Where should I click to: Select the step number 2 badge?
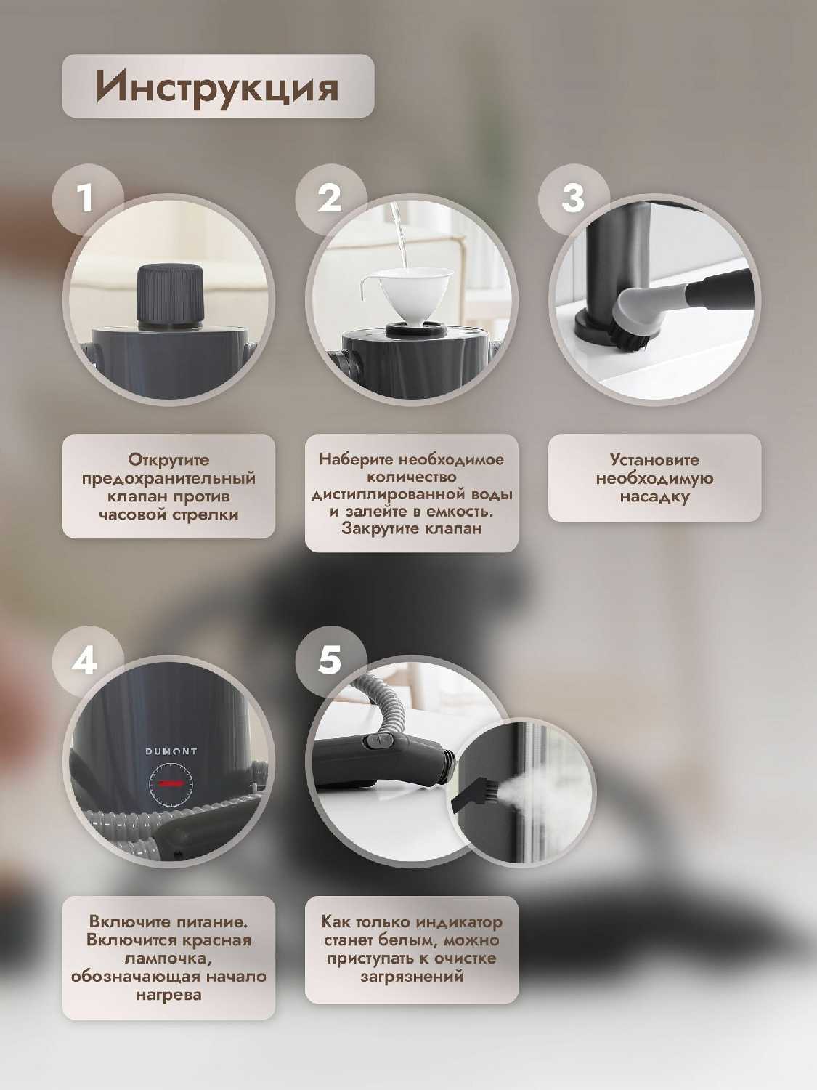[x=330, y=198]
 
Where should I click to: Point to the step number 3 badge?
[x=573, y=198]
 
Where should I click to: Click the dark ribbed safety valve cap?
[x=170, y=296]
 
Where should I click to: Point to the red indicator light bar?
[x=171, y=783]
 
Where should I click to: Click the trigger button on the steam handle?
[x=380, y=742]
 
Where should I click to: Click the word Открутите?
[x=168, y=460]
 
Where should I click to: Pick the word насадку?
[x=654, y=497]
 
